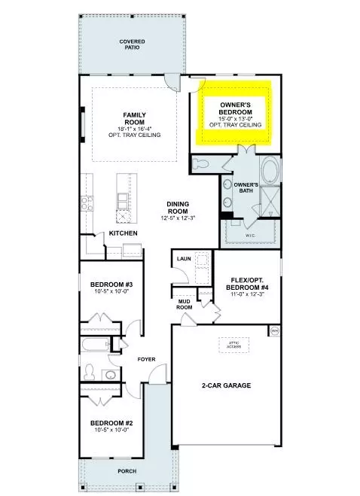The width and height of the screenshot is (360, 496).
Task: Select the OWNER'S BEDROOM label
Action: click(x=239, y=108)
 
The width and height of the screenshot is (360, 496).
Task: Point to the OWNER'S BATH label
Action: click(x=246, y=187)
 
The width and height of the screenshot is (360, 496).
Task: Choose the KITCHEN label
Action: click(x=123, y=233)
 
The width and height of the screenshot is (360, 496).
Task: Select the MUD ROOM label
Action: click(x=184, y=304)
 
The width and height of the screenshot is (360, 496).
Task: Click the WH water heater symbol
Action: click(x=275, y=331)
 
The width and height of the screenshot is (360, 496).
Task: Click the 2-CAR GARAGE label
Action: click(x=226, y=385)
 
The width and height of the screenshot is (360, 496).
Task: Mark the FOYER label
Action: click(x=146, y=359)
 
